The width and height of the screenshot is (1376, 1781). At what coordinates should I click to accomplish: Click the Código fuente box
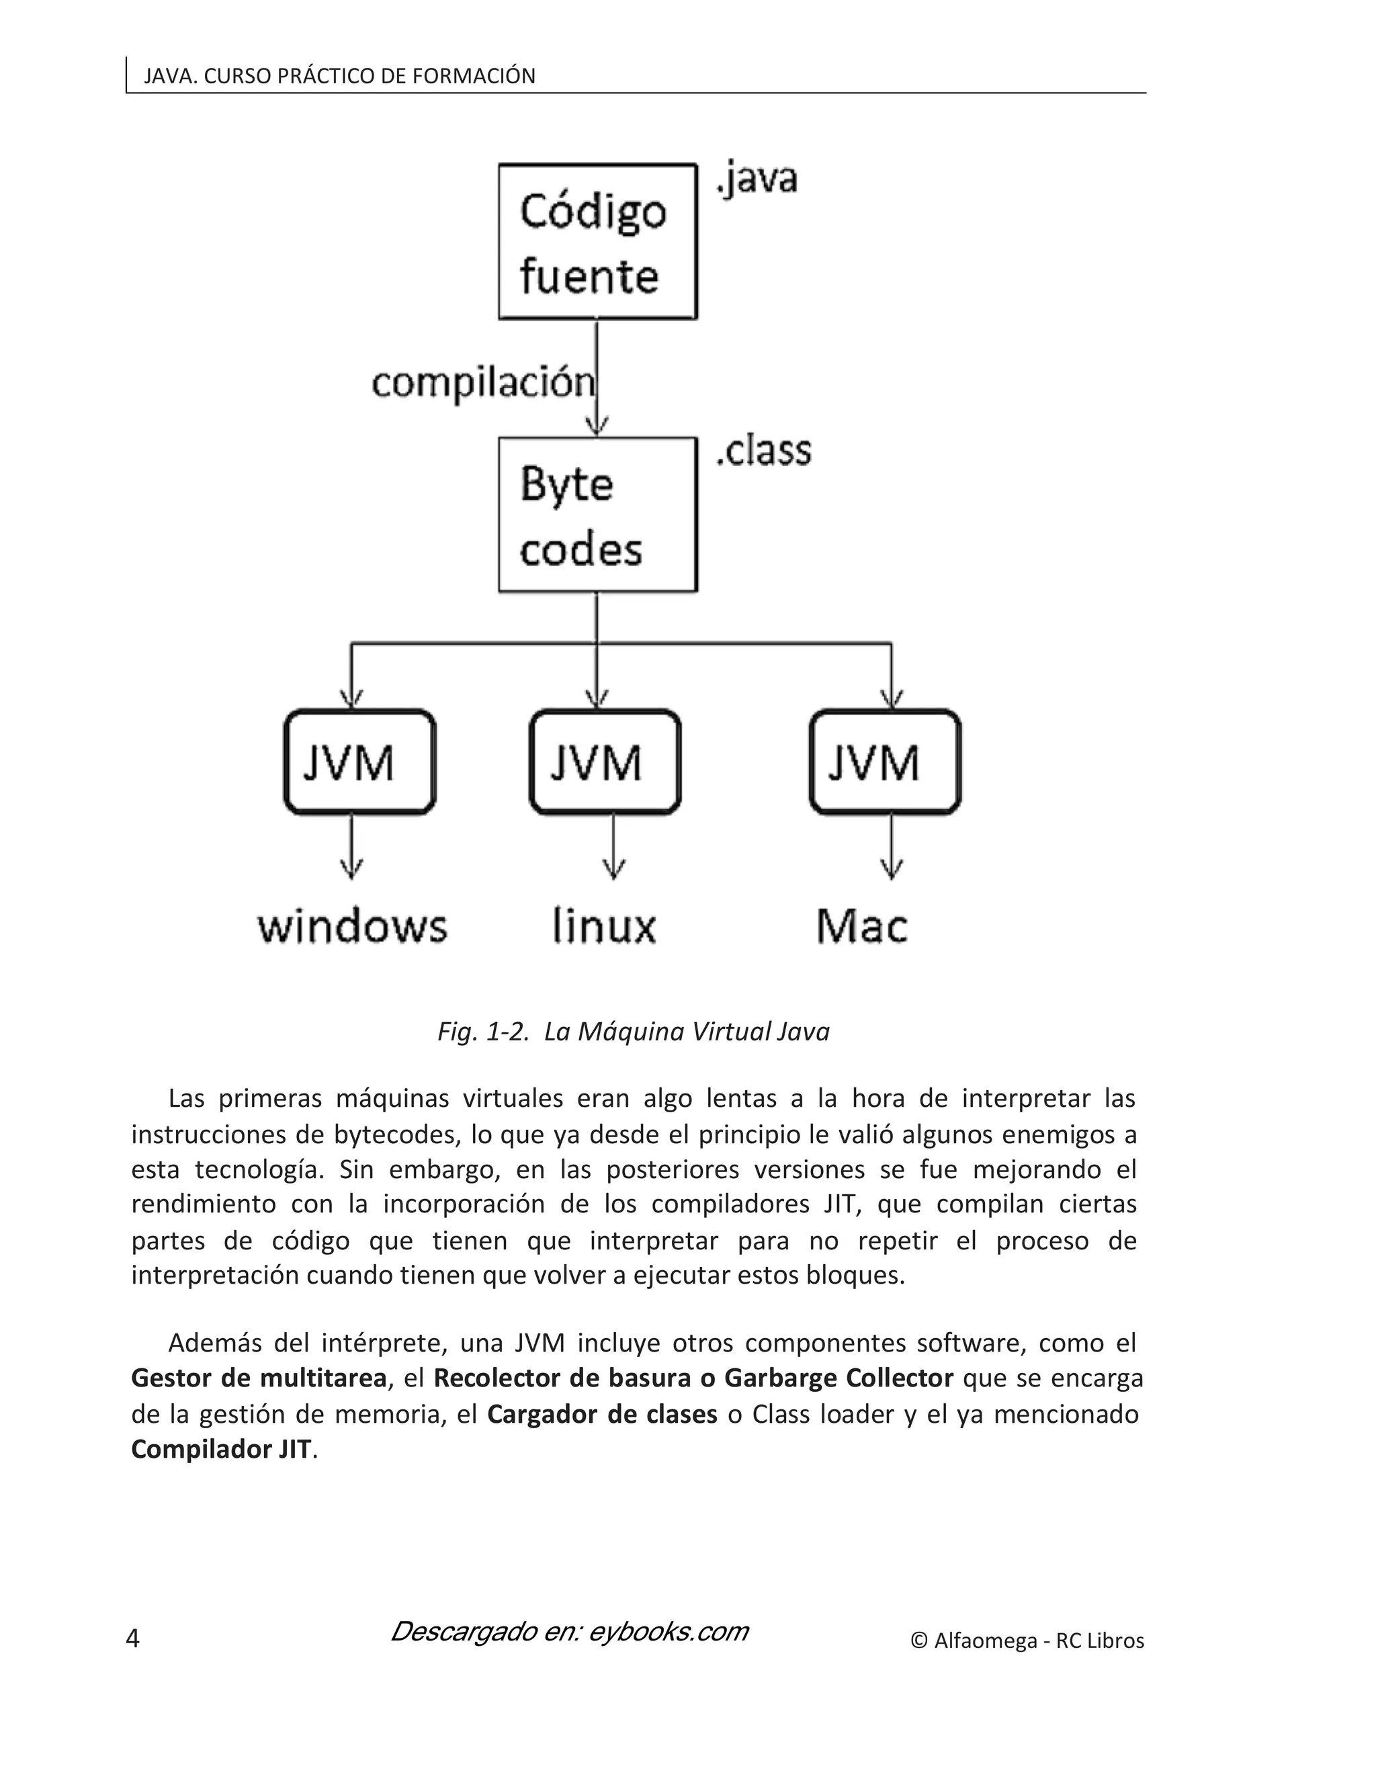(597, 241)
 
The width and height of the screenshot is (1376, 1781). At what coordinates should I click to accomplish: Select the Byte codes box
(597, 515)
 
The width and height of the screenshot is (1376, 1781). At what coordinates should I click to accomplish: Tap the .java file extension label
(757, 179)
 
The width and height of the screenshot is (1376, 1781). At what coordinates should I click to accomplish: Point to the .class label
(763, 451)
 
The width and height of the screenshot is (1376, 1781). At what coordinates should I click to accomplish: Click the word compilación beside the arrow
(482, 382)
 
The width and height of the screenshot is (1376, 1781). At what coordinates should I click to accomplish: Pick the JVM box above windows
(359, 761)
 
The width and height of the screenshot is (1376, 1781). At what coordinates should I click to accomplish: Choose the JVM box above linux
(605, 761)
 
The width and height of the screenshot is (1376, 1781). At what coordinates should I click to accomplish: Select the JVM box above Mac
(886, 761)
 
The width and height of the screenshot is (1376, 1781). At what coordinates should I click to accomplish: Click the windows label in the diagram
(352, 927)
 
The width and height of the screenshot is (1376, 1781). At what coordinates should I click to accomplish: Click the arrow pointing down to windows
(351, 848)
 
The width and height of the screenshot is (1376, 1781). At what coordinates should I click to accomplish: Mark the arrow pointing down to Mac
(891, 848)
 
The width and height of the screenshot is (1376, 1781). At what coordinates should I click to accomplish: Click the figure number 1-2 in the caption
(505, 1032)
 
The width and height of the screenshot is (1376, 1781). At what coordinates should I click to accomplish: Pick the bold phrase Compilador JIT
(221, 1449)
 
